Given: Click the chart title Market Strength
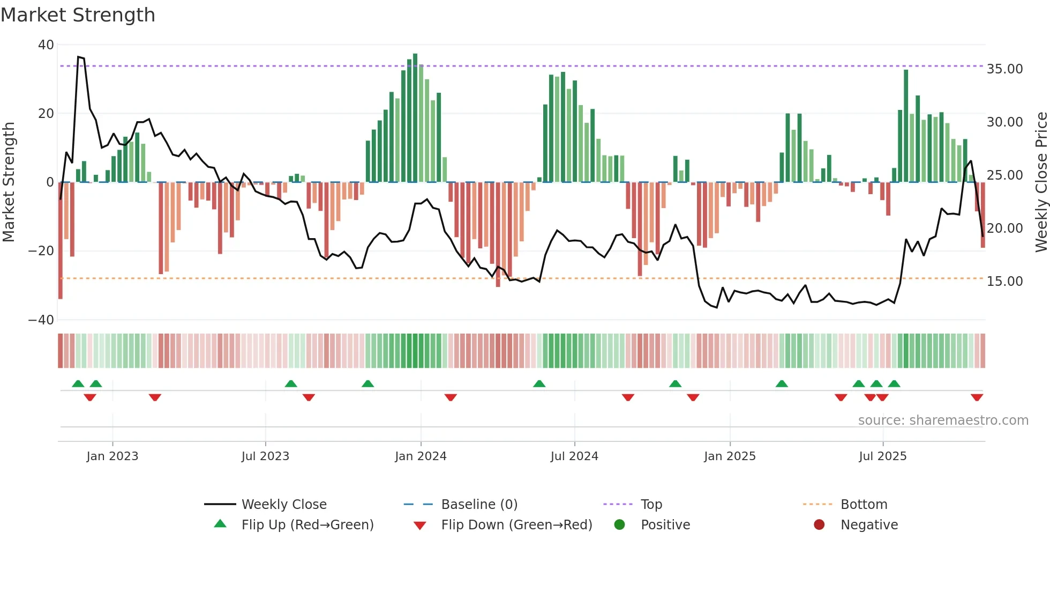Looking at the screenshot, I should click(78, 15).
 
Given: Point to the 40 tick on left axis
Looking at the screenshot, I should click(46, 45).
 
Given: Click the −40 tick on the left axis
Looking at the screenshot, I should click(41, 320).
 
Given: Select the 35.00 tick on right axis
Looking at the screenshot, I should click(1004, 69).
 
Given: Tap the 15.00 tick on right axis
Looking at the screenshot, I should click(1004, 282).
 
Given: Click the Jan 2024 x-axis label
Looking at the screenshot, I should click(421, 456).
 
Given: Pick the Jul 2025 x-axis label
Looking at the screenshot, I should click(882, 456).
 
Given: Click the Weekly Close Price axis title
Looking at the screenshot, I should click(1041, 182).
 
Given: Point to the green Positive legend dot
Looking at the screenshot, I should click(619, 525).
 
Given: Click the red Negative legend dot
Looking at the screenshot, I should click(819, 525).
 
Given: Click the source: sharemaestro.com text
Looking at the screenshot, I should click(943, 420).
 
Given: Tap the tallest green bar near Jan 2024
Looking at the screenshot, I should click(415, 118).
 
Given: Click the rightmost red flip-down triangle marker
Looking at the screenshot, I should click(977, 397).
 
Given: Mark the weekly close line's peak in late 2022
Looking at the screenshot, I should click(79, 57).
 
